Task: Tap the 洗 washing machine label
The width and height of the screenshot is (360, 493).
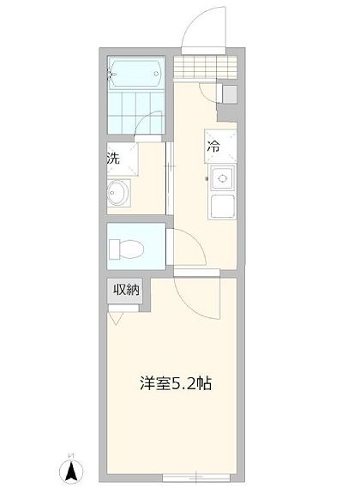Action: pos(113,158)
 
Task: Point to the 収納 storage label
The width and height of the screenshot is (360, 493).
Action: pos(126,291)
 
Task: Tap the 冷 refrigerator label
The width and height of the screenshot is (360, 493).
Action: pos(213,147)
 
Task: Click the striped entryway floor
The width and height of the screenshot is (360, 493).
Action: pos(204,66)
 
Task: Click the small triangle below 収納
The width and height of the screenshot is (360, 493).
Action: pos(116,317)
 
